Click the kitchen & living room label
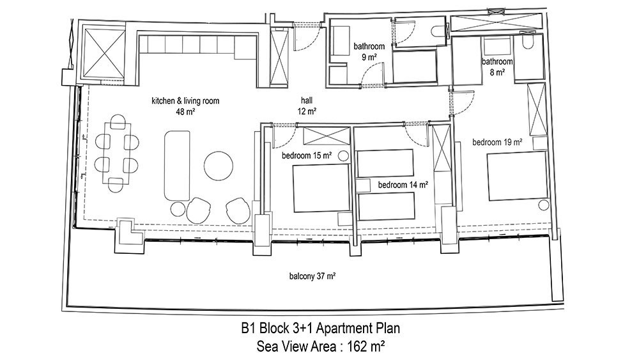[185, 106]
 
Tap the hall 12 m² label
[307, 106]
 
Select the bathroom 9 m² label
[369, 51]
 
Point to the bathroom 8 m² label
[497, 67]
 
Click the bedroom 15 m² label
[307, 156]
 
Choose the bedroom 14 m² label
[403, 185]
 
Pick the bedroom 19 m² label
[497, 143]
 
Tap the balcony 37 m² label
[312, 276]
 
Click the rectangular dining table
[117, 153]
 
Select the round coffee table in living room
[219, 166]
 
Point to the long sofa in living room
[177, 166]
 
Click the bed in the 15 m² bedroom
[321, 188]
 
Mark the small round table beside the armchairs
[178, 209]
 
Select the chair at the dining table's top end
[118, 121]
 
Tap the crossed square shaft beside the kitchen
[104, 53]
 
